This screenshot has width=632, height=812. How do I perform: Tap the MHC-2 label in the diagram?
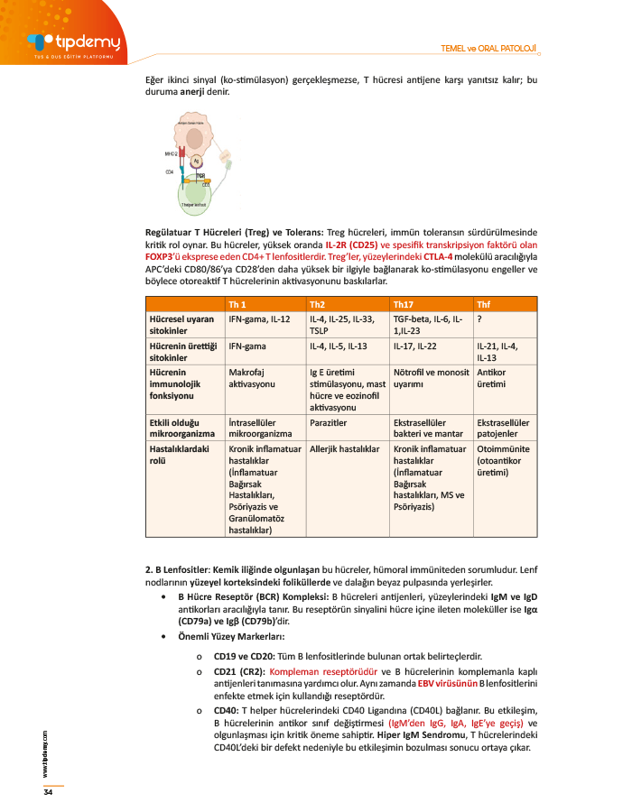(x=171, y=153)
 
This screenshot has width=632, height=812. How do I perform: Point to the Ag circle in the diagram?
(x=196, y=160)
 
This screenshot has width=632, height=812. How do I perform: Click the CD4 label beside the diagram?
(x=169, y=171)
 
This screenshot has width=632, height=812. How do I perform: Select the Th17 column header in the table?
(x=403, y=304)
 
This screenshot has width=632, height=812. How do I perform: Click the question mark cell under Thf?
(x=479, y=318)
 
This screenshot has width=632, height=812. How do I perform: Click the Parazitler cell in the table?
(x=327, y=421)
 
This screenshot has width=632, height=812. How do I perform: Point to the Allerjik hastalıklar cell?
(x=343, y=448)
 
